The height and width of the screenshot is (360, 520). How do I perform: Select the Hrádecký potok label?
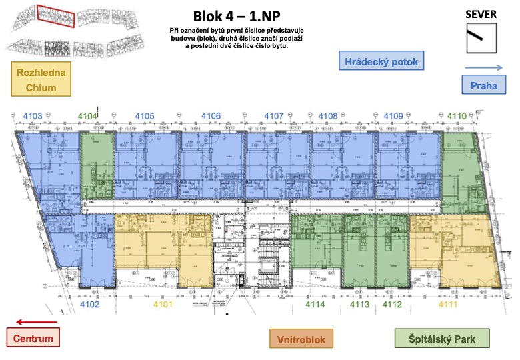(x=381, y=63)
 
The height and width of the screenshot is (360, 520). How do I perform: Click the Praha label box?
(x=483, y=85)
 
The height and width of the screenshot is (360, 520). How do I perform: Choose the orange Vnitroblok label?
(x=302, y=339)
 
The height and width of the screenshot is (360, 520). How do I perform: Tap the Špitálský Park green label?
(x=442, y=339)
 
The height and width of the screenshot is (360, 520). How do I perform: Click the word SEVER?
(x=481, y=14)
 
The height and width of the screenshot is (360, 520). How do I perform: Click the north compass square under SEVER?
(x=481, y=38)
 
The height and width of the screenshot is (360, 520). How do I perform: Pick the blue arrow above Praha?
(x=483, y=67)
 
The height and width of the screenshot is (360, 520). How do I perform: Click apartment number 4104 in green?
(x=87, y=117)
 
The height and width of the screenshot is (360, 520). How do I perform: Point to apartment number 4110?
(x=456, y=117)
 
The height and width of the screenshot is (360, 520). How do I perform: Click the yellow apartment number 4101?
(x=163, y=305)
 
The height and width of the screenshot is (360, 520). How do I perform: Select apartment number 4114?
(x=315, y=305)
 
